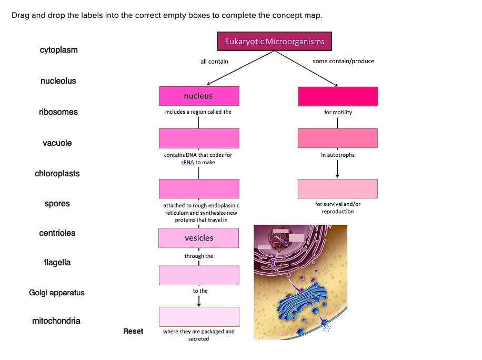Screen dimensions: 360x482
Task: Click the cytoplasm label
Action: [x=58, y=50]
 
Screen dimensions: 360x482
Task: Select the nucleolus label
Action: [x=58, y=81]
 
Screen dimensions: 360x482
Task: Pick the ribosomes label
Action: [x=58, y=112]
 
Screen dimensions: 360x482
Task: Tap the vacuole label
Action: [x=57, y=143]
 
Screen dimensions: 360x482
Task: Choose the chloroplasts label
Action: [x=57, y=174]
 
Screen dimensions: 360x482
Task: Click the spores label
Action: [x=57, y=204]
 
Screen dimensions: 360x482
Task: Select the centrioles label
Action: [x=57, y=233]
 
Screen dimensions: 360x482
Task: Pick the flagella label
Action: [x=57, y=263]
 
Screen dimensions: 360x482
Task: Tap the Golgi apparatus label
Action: [x=57, y=293]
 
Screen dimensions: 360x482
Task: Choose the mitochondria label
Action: [x=56, y=321]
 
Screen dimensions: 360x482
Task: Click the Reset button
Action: [x=133, y=331]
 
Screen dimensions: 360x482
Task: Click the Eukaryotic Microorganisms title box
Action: [x=274, y=42]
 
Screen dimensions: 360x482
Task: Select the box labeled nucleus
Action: [x=199, y=96]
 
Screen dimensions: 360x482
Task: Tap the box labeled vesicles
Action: [x=199, y=238]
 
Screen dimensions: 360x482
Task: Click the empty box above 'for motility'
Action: [x=337, y=96]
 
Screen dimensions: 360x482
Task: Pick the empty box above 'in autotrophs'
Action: [x=337, y=138]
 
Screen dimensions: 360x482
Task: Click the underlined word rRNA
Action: [x=187, y=163]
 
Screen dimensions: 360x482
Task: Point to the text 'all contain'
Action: [x=214, y=62]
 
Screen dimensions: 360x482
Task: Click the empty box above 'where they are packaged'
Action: [x=199, y=317]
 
